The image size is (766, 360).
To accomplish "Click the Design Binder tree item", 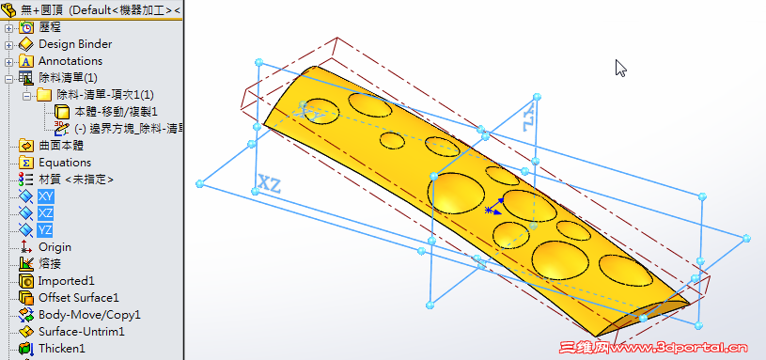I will pyautogui.click(x=74, y=44).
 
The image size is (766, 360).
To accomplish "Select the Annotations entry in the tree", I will pyautogui.click(x=70, y=61).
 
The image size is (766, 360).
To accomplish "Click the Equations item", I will pyautogui.click(x=64, y=163).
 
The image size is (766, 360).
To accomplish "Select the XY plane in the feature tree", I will pyautogui.click(x=45, y=196).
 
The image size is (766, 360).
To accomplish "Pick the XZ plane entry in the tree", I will pyautogui.click(x=45, y=213).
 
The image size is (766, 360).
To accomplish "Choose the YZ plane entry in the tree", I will pyautogui.click(x=45, y=230).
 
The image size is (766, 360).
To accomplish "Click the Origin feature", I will pyautogui.click(x=55, y=247).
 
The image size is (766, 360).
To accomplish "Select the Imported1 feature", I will pyautogui.click(x=66, y=281).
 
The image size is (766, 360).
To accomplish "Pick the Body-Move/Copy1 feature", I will pyautogui.click(x=88, y=315).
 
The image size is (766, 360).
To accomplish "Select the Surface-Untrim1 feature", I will pyautogui.click(x=81, y=332).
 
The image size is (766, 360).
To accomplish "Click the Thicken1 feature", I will pyautogui.click(x=61, y=349).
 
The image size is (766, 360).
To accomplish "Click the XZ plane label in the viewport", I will pyautogui.click(x=270, y=183).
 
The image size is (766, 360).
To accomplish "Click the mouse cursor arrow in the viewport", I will pyautogui.click(x=620, y=68).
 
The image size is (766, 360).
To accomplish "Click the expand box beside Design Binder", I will pyautogui.click(x=9, y=44).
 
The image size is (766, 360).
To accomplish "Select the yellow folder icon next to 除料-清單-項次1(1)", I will pyautogui.click(x=43, y=95).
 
